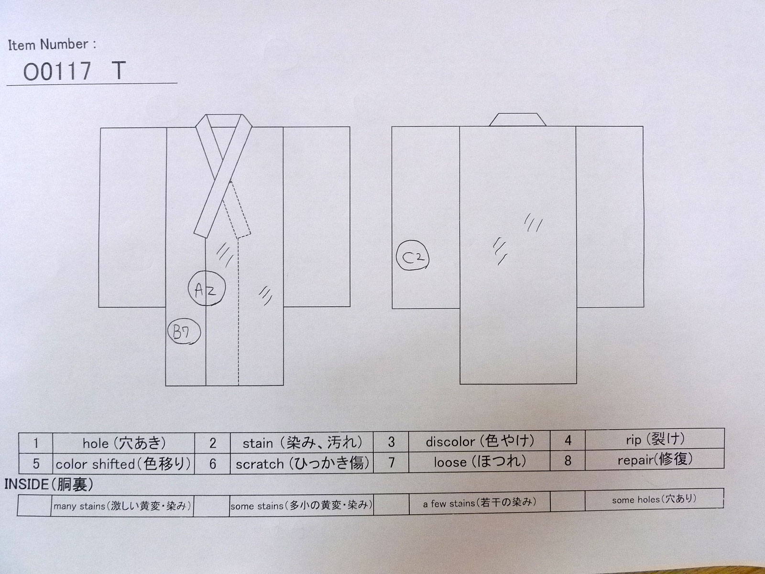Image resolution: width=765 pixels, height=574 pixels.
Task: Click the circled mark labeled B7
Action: [184, 332]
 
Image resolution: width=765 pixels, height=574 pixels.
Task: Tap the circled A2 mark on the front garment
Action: [207, 288]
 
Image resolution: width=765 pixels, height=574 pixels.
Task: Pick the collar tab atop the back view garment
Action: [517, 120]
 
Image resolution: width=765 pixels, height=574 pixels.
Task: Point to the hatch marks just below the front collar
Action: [225, 255]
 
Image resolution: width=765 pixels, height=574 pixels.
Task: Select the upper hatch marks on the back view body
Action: [533, 223]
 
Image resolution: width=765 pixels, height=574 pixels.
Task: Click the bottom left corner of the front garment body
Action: [165, 386]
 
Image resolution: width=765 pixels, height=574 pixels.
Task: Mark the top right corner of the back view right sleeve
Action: [643, 126]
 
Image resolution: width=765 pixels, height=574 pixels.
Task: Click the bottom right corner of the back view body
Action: [577, 384]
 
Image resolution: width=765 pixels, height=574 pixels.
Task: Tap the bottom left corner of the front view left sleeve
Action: [99, 307]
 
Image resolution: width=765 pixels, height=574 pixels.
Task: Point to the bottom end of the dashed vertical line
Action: [239, 385]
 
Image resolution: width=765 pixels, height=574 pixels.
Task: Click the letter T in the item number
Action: [119, 71]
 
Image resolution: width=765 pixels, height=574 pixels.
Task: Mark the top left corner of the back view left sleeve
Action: [392, 127]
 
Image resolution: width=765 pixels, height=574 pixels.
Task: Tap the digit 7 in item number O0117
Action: [84, 71]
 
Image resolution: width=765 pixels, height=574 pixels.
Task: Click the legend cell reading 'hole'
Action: [123, 443]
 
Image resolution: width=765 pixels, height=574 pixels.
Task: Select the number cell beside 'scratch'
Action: [212, 463]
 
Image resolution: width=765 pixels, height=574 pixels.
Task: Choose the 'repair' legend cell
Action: [655, 459]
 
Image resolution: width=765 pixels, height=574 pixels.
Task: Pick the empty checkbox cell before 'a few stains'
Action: [391, 502]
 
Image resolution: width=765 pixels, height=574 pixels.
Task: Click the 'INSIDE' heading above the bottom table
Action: [49, 485]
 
